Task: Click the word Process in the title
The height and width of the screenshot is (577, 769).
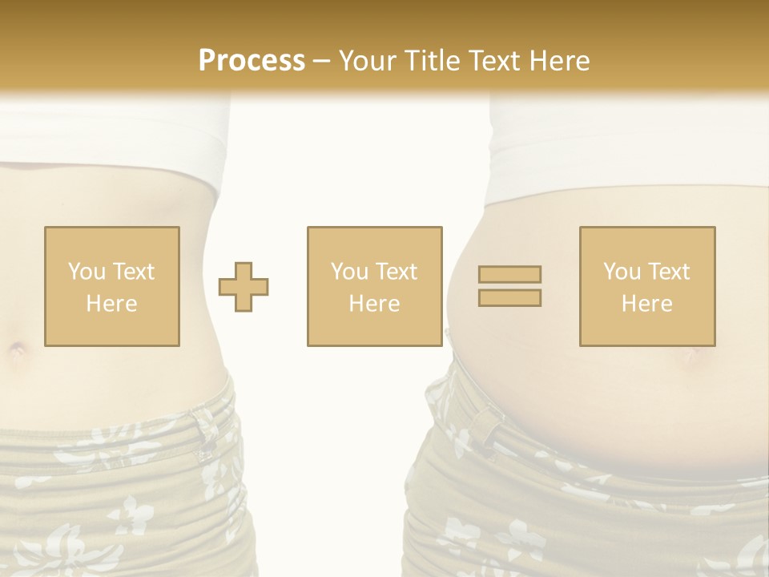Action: [252, 61]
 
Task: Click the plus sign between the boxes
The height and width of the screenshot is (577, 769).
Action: [244, 286]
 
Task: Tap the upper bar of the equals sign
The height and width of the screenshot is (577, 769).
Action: [509, 274]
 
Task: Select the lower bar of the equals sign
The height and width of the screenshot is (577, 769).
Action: [509, 297]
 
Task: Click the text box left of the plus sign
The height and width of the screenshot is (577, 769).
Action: [112, 286]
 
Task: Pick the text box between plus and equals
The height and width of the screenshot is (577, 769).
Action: [374, 286]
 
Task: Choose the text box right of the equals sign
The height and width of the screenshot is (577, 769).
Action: [647, 286]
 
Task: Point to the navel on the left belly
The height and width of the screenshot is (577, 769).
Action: [16, 349]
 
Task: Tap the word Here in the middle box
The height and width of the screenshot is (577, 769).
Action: [374, 304]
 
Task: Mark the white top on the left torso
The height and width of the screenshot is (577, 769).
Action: [112, 136]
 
